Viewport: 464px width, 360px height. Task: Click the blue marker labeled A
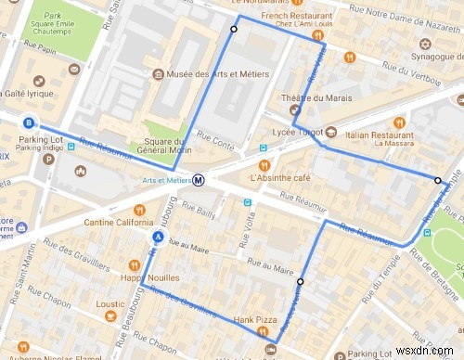tap(158, 238)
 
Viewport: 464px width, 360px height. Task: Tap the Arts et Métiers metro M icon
tap(199, 181)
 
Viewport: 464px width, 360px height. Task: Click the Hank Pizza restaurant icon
tap(264, 329)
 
